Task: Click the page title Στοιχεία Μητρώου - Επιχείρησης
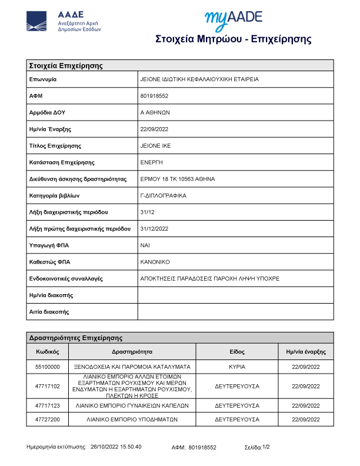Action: [233, 39]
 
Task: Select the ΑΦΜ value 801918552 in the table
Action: [155, 95]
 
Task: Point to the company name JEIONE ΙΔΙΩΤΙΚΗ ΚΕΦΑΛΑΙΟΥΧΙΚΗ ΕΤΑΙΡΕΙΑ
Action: [199, 79]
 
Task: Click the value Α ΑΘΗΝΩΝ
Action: [155, 112]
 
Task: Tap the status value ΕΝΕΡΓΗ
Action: [152, 162]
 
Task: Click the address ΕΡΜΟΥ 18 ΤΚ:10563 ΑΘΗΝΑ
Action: [178, 178]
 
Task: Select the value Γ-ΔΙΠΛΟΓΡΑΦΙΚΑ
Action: [164, 195]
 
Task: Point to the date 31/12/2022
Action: [155, 228]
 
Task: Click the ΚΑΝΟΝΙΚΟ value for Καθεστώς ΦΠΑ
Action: [155, 261]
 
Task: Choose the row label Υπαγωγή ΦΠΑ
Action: [49, 245]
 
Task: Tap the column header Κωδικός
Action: [48, 351]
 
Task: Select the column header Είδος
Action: [237, 351]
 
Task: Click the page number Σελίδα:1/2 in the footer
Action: [257, 447]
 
